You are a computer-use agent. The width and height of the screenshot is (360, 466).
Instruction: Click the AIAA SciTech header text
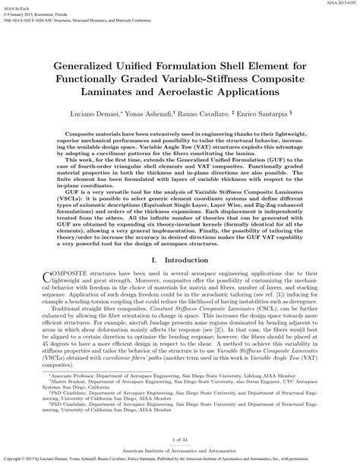click(x=18, y=10)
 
